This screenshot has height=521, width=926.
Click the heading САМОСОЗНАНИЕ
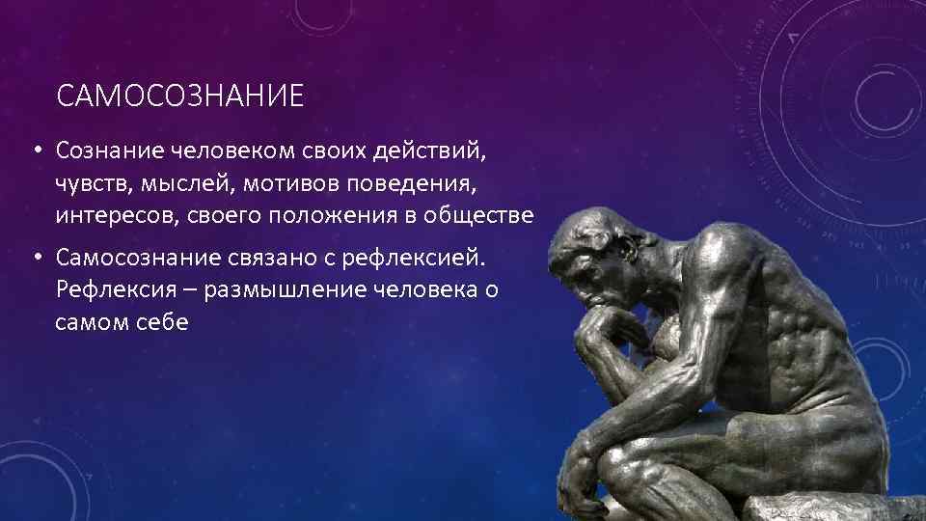(179, 96)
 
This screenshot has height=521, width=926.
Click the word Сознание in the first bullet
(109, 151)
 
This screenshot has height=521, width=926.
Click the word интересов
(114, 215)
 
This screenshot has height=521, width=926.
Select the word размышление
(273, 289)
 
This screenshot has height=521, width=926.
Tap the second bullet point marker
(35, 259)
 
